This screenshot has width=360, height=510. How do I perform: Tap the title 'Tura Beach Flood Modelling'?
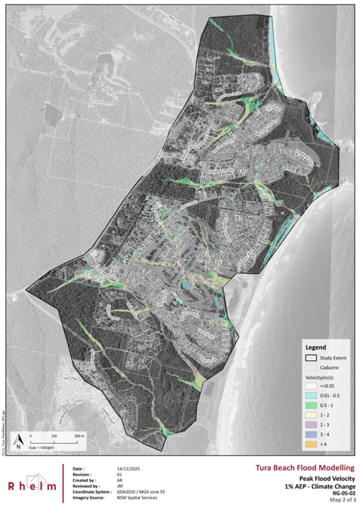pyautogui.click(x=304, y=468)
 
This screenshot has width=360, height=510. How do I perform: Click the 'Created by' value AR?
pyautogui.click(x=119, y=480)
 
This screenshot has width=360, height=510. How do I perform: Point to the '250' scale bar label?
pyautogui.click(x=54, y=436)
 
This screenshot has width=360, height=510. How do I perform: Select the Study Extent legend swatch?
pyautogui.click(x=313, y=356)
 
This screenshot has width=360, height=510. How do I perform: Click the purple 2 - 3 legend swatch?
pyautogui.click(x=313, y=425)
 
